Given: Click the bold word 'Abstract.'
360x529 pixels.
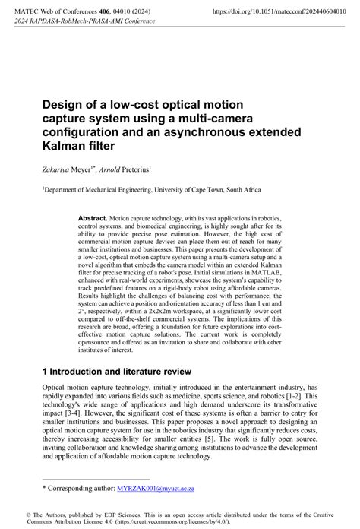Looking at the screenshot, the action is coord(93,218).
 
